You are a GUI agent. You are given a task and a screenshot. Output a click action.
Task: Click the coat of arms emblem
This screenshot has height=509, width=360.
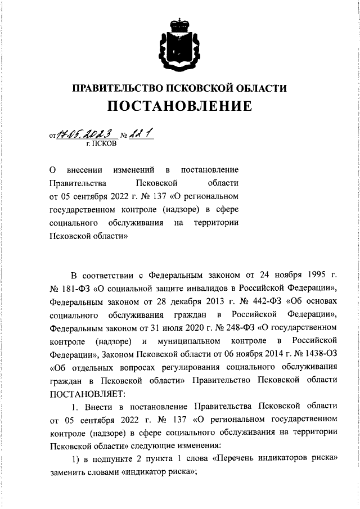click(x=179, y=44)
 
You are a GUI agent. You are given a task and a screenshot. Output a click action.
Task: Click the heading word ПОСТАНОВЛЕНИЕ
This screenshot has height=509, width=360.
click(x=180, y=106)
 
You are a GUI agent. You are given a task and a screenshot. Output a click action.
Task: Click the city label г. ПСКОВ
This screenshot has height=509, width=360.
click(x=102, y=144)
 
